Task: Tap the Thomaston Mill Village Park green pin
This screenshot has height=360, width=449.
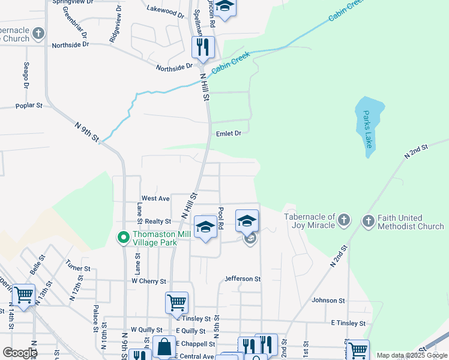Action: click(x=123, y=238)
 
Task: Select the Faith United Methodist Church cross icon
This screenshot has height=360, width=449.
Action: click(x=369, y=221)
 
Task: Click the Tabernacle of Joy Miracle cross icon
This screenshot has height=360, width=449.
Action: click(x=343, y=220)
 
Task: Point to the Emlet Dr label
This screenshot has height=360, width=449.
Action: click(x=228, y=134)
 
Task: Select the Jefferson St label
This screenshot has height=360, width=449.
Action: click(x=243, y=279)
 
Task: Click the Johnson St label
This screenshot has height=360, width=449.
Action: click(x=328, y=300)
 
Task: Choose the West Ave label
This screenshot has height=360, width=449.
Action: click(x=155, y=198)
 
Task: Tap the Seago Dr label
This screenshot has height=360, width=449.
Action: click(x=26, y=74)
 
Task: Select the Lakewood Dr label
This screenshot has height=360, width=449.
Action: click(x=165, y=11)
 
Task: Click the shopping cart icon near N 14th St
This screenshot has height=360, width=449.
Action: click(x=23, y=295)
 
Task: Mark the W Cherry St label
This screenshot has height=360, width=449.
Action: click(x=148, y=281)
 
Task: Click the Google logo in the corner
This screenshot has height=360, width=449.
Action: click(x=19, y=352)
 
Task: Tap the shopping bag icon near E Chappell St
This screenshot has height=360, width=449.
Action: click(x=164, y=346)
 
